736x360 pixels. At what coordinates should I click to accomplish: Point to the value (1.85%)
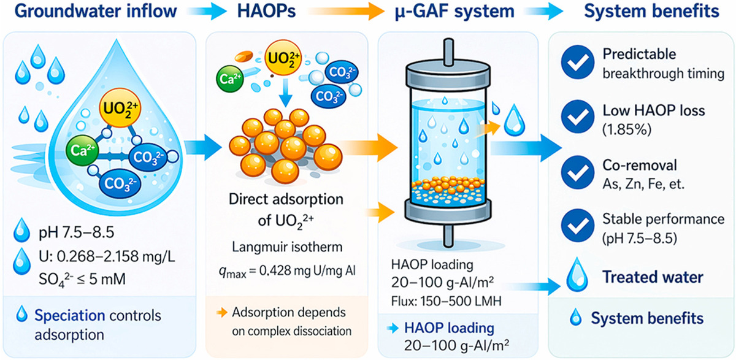point(625,130)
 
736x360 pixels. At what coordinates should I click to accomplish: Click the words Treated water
point(653,277)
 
